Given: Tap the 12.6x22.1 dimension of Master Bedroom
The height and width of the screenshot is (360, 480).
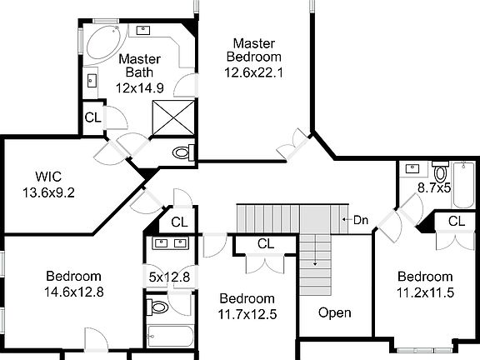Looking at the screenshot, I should tap(254, 72).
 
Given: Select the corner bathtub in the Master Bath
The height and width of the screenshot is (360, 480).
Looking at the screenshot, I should tap(99, 42).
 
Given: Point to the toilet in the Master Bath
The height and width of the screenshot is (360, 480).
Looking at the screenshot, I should tap(182, 152).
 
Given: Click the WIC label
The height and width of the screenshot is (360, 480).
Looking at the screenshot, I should tap(48, 177).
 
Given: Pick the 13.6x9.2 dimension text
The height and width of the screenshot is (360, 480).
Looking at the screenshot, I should tap(49, 192).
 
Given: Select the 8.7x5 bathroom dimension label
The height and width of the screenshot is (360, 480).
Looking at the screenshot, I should tap(434, 188).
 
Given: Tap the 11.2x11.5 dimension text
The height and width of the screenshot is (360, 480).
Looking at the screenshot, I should tap(424, 292).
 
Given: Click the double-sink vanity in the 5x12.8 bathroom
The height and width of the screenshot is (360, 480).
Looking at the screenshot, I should tap(170, 243).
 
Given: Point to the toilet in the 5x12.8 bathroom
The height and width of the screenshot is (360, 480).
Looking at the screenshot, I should tap(159, 307).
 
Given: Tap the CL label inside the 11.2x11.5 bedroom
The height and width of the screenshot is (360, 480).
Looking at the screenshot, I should tap(456, 221).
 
